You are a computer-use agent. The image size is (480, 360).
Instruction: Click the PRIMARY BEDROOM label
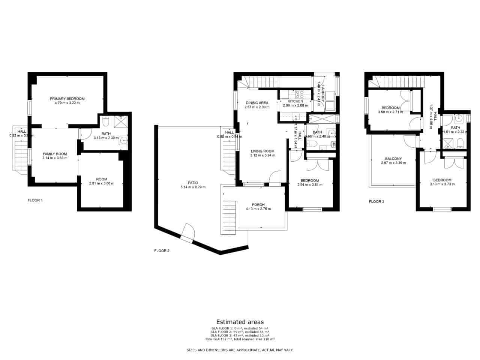tap(67, 99)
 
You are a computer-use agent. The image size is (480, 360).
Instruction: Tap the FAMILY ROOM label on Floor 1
tap(55, 154)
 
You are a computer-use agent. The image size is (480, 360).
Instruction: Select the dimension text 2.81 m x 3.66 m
tap(101, 183)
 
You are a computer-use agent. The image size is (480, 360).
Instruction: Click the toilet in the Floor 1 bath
tap(105, 122)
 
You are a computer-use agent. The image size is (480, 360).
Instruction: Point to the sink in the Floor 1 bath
tap(123, 141)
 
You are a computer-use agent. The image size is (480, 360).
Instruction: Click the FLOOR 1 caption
tap(35, 200)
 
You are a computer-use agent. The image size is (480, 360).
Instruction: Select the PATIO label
tap(193, 183)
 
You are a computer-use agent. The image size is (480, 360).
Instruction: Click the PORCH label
tap(258, 205)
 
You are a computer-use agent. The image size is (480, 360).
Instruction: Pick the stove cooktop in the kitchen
tap(300, 94)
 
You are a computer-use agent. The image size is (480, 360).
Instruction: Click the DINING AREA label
tap(257, 103)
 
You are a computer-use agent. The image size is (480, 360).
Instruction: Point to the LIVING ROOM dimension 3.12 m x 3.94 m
tap(262, 155)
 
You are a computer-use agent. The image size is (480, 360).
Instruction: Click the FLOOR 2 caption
tap(162, 250)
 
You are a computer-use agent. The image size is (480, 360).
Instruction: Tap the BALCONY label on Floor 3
tap(393, 159)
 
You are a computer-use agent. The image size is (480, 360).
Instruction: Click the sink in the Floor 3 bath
tap(458, 119)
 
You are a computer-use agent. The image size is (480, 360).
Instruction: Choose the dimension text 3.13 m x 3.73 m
tap(442, 184)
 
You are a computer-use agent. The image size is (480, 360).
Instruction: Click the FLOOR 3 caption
tap(376, 201)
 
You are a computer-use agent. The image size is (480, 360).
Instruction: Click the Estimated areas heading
tap(240, 322)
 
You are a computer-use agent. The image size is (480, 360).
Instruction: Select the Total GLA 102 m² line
tap(240, 339)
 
